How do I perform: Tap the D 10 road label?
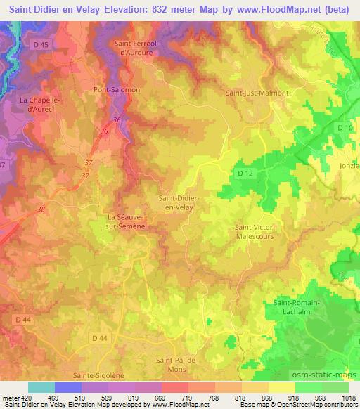coord(344,128)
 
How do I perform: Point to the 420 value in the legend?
coord(25,397)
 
